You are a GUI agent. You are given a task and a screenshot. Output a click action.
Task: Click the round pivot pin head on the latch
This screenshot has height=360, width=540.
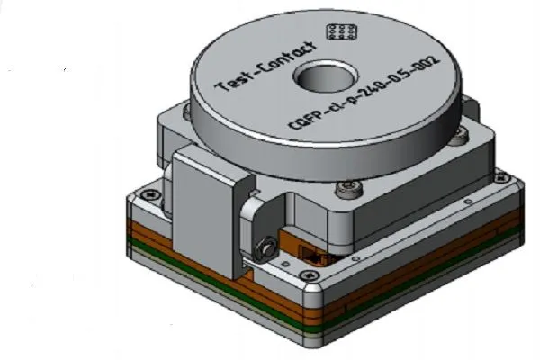click(267, 244)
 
